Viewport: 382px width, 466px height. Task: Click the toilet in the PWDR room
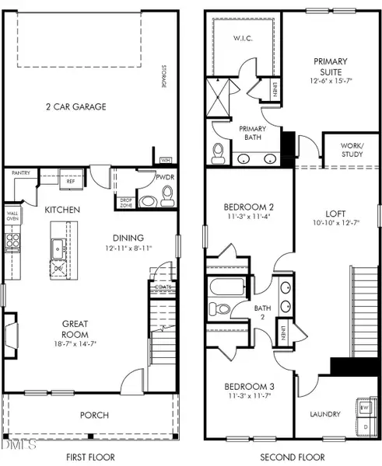tap(151, 200)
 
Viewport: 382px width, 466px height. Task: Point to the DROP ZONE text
tap(124, 201)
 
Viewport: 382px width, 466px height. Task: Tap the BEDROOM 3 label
tap(246, 387)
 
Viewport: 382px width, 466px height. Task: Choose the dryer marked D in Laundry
tap(363, 426)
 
